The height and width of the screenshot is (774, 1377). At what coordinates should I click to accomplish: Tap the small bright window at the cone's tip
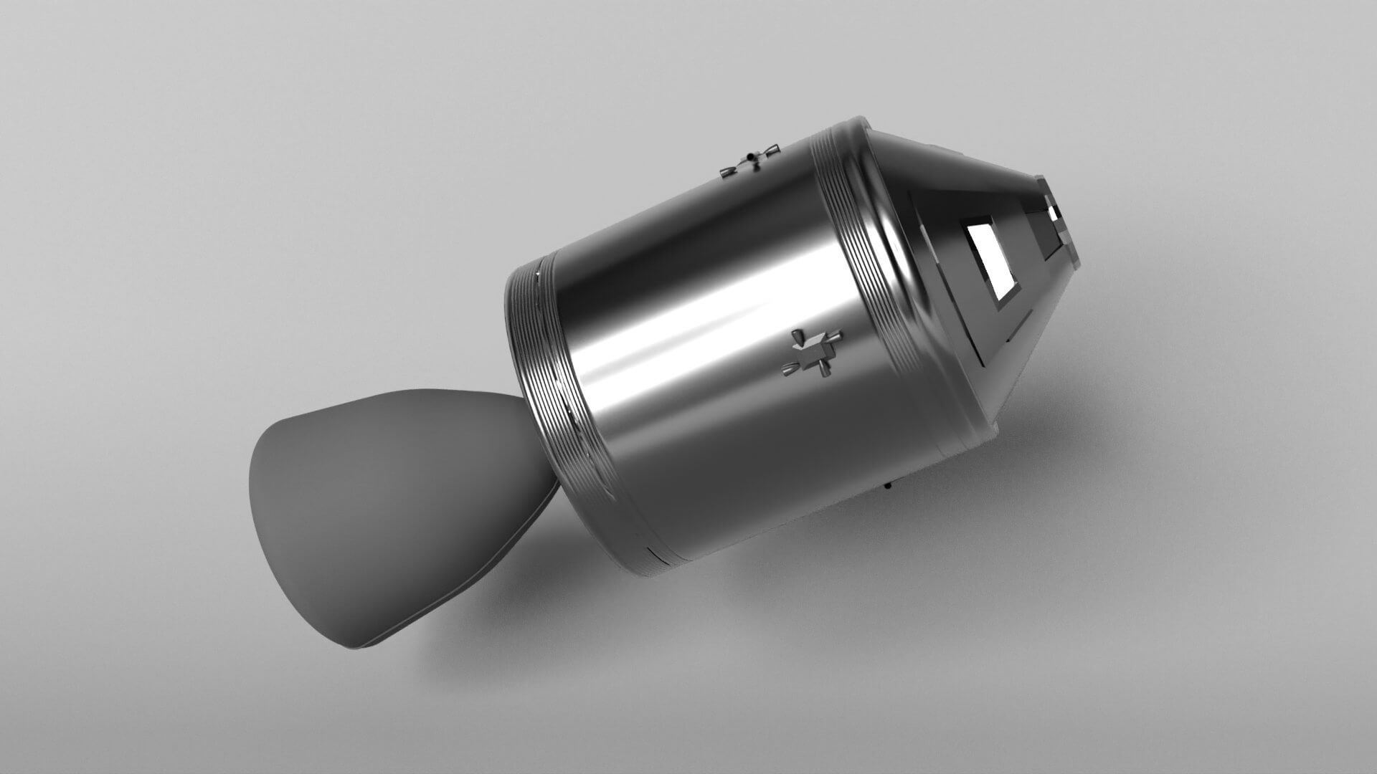click(x=1054, y=213)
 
